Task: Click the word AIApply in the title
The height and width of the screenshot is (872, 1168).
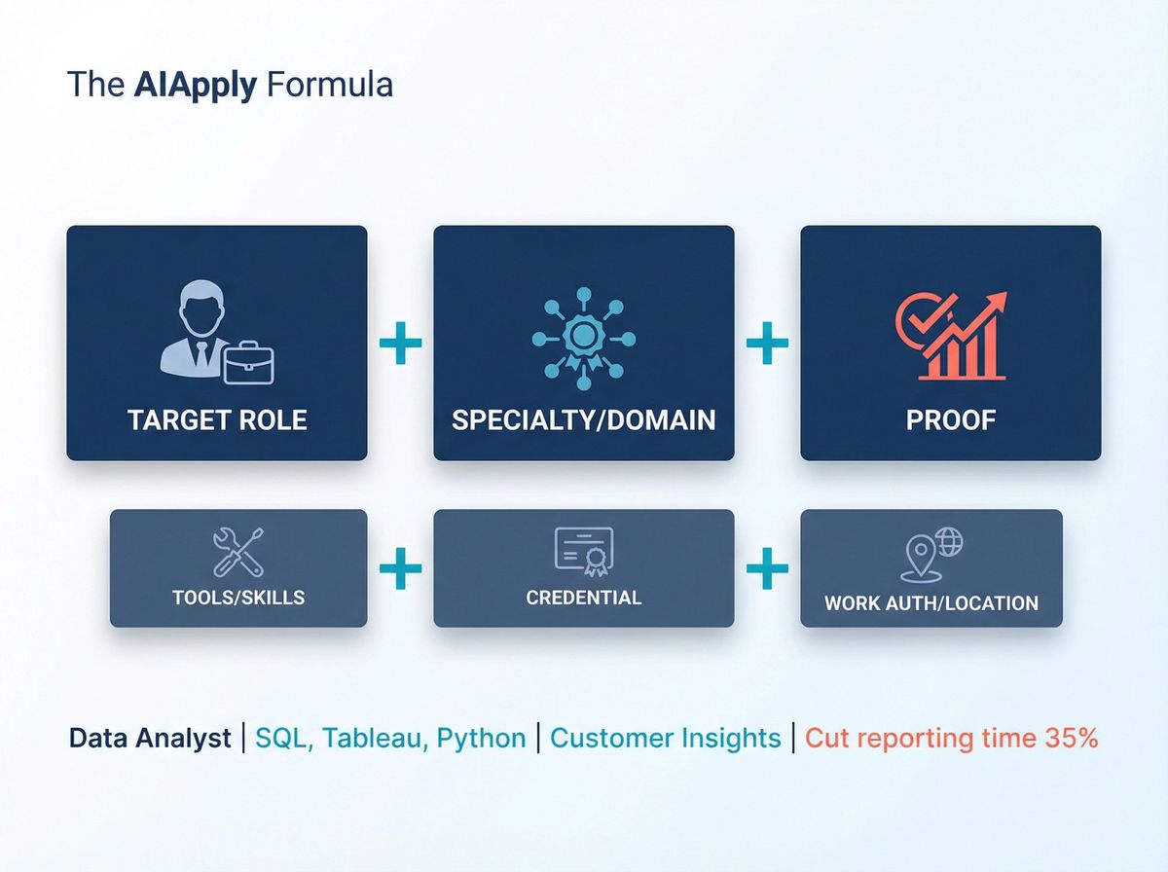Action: click(x=196, y=85)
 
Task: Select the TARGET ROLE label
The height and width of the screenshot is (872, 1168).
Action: click(x=217, y=419)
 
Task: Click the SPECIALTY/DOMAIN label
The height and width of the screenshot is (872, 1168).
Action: click(x=583, y=419)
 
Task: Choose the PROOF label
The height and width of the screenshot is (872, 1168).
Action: click(x=950, y=419)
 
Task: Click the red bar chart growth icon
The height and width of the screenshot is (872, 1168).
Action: click(x=950, y=338)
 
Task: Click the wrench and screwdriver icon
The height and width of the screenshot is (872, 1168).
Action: click(x=238, y=552)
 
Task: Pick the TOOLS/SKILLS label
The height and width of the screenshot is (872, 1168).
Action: click(x=238, y=598)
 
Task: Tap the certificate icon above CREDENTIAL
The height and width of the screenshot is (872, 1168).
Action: click(x=583, y=551)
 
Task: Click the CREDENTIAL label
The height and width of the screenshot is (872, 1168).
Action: click(x=583, y=598)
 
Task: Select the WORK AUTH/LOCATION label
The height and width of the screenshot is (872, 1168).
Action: click(x=931, y=602)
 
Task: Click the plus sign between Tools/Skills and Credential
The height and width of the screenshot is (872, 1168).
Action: click(x=400, y=568)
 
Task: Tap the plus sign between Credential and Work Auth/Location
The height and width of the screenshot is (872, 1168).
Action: click(x=767, y=568)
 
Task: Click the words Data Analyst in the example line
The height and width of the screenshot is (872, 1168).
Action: click(x=150, y=739)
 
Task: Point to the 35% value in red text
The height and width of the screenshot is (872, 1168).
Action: click(x=1071, y=739)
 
